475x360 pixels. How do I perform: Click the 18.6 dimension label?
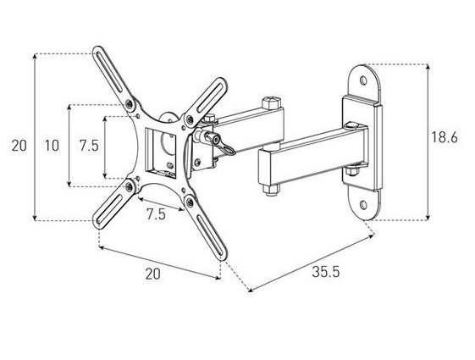[x=445, y=137]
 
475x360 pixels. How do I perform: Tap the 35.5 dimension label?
[x=326, y=272]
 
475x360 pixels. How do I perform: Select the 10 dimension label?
[x=52, y=146]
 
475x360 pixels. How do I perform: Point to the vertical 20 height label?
[x=19, y=146]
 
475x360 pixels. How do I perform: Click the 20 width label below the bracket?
[x=152, y=274]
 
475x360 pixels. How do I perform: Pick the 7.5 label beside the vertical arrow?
[x=89, y=146]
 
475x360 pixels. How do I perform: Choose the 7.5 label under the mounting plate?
[x=157, y=214]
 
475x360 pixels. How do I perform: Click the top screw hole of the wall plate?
[x=363, y=80]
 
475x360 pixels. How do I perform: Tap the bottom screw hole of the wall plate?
[x=363, y=205]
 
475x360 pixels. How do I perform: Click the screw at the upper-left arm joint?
[x=130, y=103]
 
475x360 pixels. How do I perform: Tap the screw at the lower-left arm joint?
[x=130, y=187]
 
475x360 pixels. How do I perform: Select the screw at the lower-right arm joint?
[x=190, y=202]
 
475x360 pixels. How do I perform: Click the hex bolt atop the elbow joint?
[x=271, y=102]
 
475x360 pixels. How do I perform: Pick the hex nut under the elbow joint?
[x=270, y=190]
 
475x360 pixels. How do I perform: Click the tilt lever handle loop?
[x=228, y=149]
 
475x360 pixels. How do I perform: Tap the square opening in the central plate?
[x=161, y=152]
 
